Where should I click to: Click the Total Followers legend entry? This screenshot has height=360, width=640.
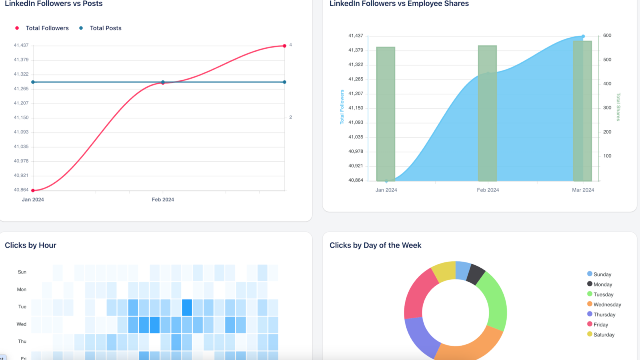coord(47,28)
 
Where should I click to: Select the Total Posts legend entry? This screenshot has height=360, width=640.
coord(105,28)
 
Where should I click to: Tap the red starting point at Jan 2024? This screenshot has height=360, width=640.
coord(33,190)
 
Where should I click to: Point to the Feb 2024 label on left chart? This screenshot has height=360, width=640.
coord(163,200)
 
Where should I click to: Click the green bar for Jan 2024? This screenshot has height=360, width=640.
coord(386,114)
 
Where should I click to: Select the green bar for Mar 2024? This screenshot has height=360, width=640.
coord(582,111)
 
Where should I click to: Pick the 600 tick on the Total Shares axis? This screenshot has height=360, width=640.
coord(607,36)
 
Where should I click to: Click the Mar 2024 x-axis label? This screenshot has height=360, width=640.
coord(583,190)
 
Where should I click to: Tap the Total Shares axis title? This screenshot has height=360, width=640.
coord(618,107)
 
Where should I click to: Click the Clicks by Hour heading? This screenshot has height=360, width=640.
coord(30,245)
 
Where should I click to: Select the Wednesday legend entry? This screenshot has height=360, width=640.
coord(607,304)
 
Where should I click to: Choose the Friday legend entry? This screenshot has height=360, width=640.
coord(600,324)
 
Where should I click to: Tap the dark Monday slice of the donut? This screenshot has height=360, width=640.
coord(476,274)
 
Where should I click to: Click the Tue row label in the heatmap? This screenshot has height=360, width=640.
coord(22,307)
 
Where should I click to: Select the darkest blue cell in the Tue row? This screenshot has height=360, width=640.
coord(187,308)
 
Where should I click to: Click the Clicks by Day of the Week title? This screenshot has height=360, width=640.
coord(375,245)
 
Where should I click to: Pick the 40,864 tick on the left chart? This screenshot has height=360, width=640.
coord(21,190)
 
